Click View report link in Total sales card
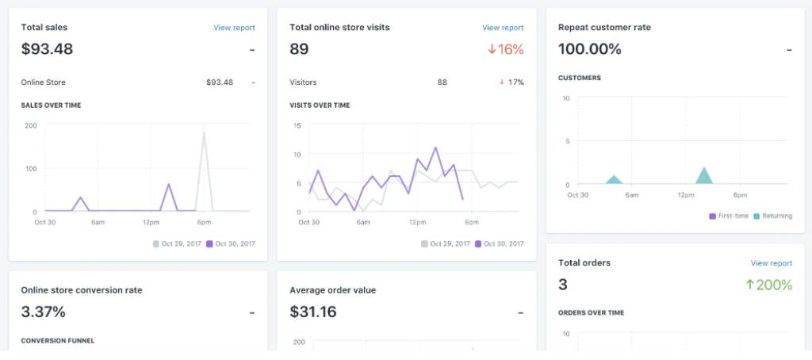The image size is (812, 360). point(234,28)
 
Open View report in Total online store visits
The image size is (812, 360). point(503,28)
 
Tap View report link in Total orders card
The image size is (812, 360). point(771,263)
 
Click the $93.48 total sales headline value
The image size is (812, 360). point(47,49)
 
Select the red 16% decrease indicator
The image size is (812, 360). point(506,49)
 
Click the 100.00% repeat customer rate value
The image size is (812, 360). point(589,49)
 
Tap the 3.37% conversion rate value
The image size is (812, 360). point(43,312)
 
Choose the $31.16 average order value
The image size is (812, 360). point(313,312)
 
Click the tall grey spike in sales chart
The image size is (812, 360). point(205,159)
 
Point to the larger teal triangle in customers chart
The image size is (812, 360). point(704,177)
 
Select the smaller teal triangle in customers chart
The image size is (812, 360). point(614,180)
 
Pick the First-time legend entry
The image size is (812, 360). point(730,216)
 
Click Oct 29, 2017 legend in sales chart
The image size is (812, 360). point(178,243)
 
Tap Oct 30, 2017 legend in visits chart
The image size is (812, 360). point(504,243)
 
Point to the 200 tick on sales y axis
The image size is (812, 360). point(31,125)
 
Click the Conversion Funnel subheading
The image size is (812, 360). point(58,340)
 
